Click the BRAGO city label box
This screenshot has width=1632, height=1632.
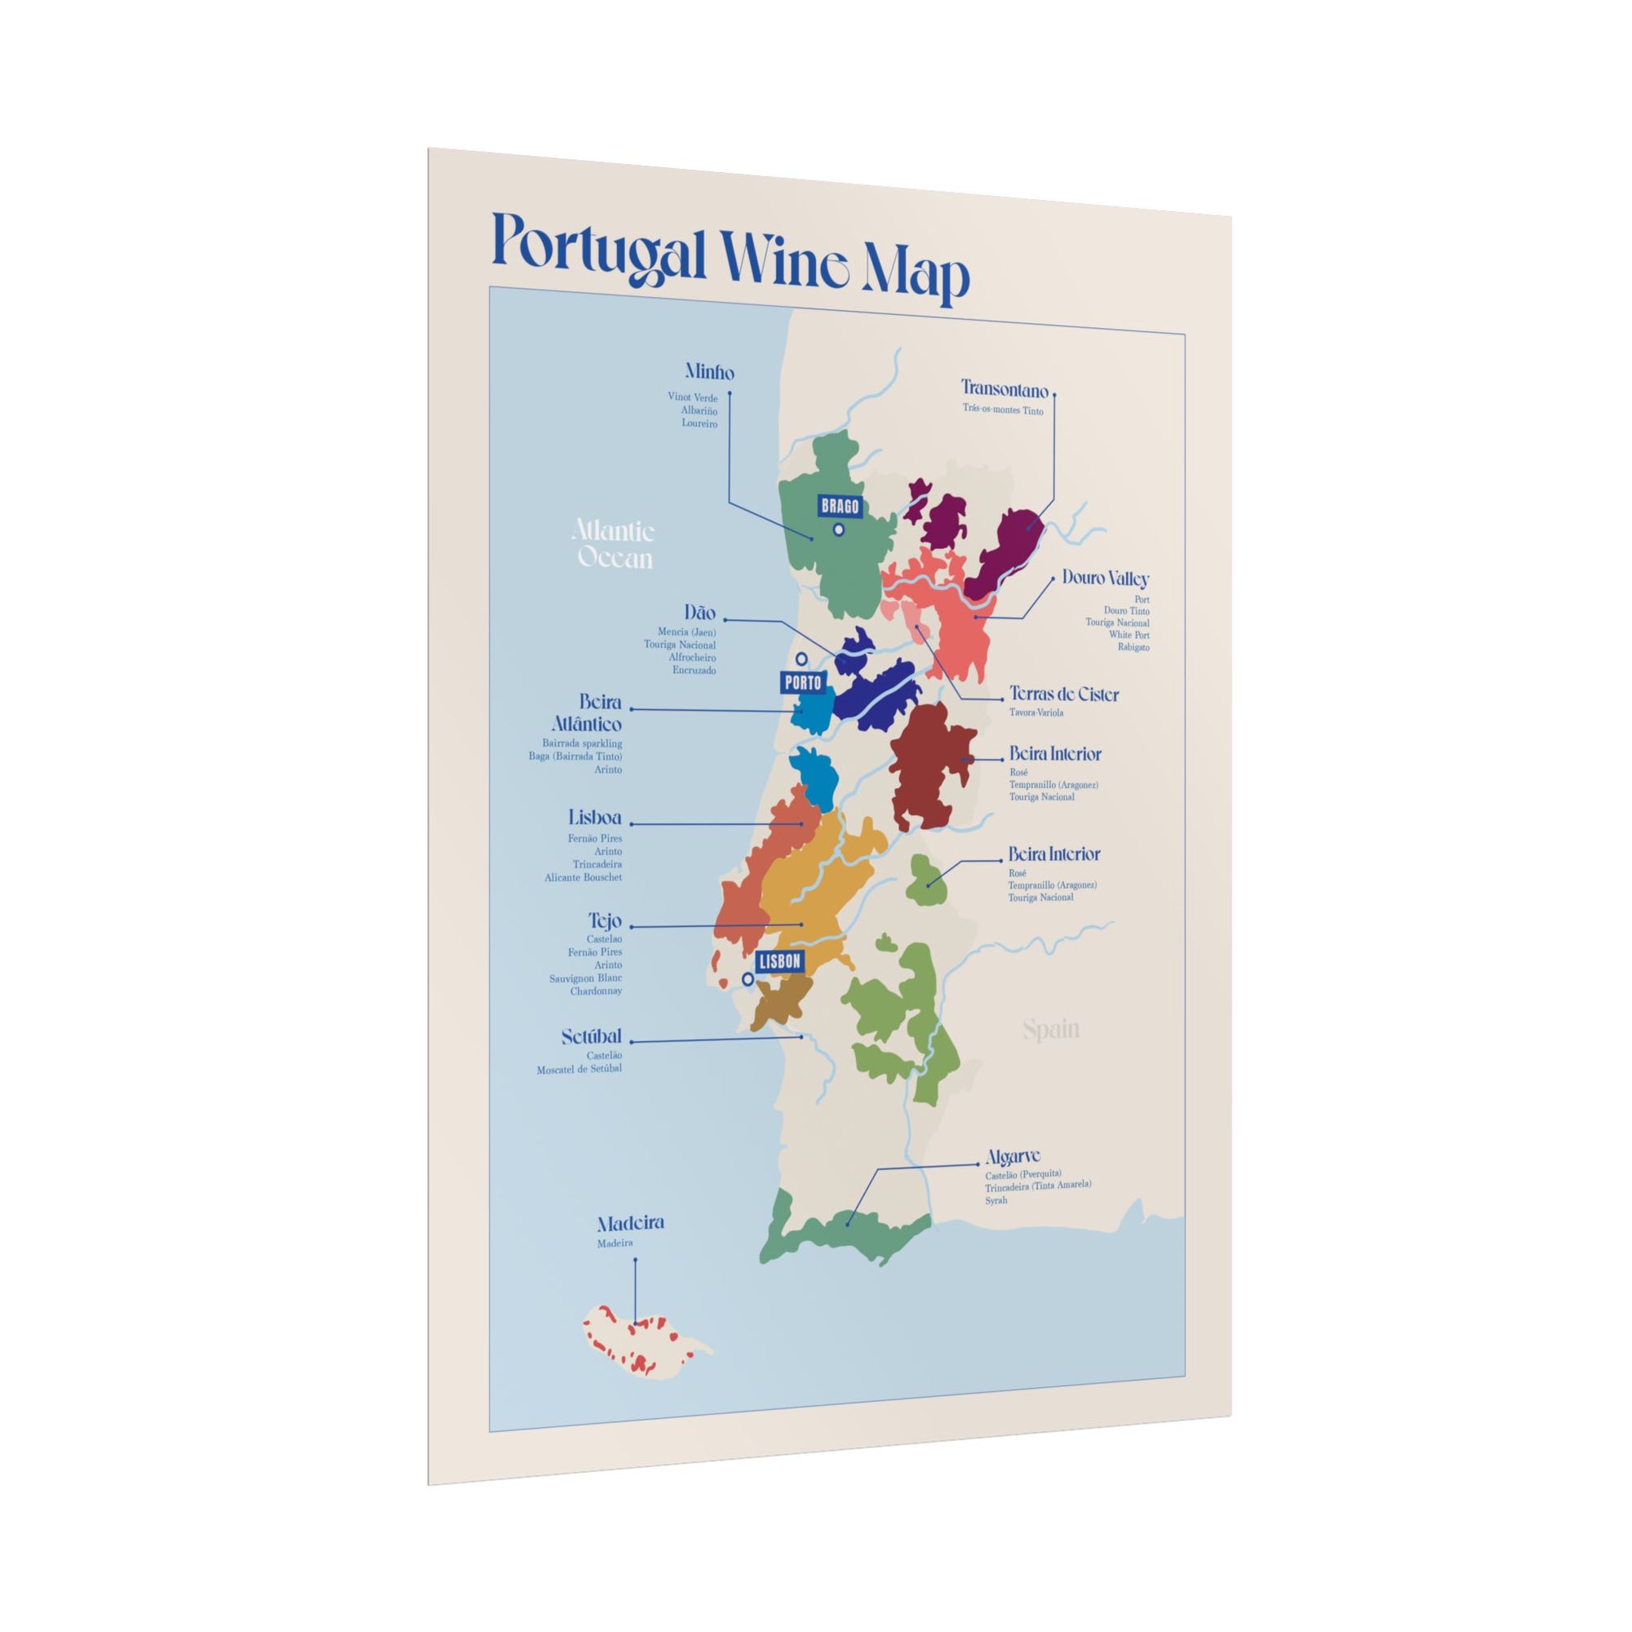pyautogui.click(x=839, y=507)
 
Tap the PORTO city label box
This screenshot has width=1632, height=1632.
pyautogui.click(x=802, y=681)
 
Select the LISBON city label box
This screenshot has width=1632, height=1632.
pyautogui.click(x=778, y=961)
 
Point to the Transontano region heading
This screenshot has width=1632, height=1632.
pyautogui.click(x=1004, y=390)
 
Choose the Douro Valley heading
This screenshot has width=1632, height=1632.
pyautogui.click(x=1105, y=579)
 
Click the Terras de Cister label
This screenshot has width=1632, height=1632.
pyautogui.click(x=1063, y=694)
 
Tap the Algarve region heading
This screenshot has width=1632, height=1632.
pyautogui.click(x=1013, y=1156)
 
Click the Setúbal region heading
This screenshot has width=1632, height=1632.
pyautogui.click(x=592, y=1036)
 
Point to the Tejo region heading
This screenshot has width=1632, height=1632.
pyautogui.click(x=605, y=920)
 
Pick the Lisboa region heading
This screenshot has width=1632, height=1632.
pyautogui.click(x=595, y=818)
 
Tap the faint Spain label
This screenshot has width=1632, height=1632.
pyautogui.click(x=1051, y=1030)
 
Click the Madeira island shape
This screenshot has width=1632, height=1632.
pyautogui.click(x=642, y=1358)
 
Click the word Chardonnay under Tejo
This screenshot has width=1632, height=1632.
pyautogui.click(x=596, y=991)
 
